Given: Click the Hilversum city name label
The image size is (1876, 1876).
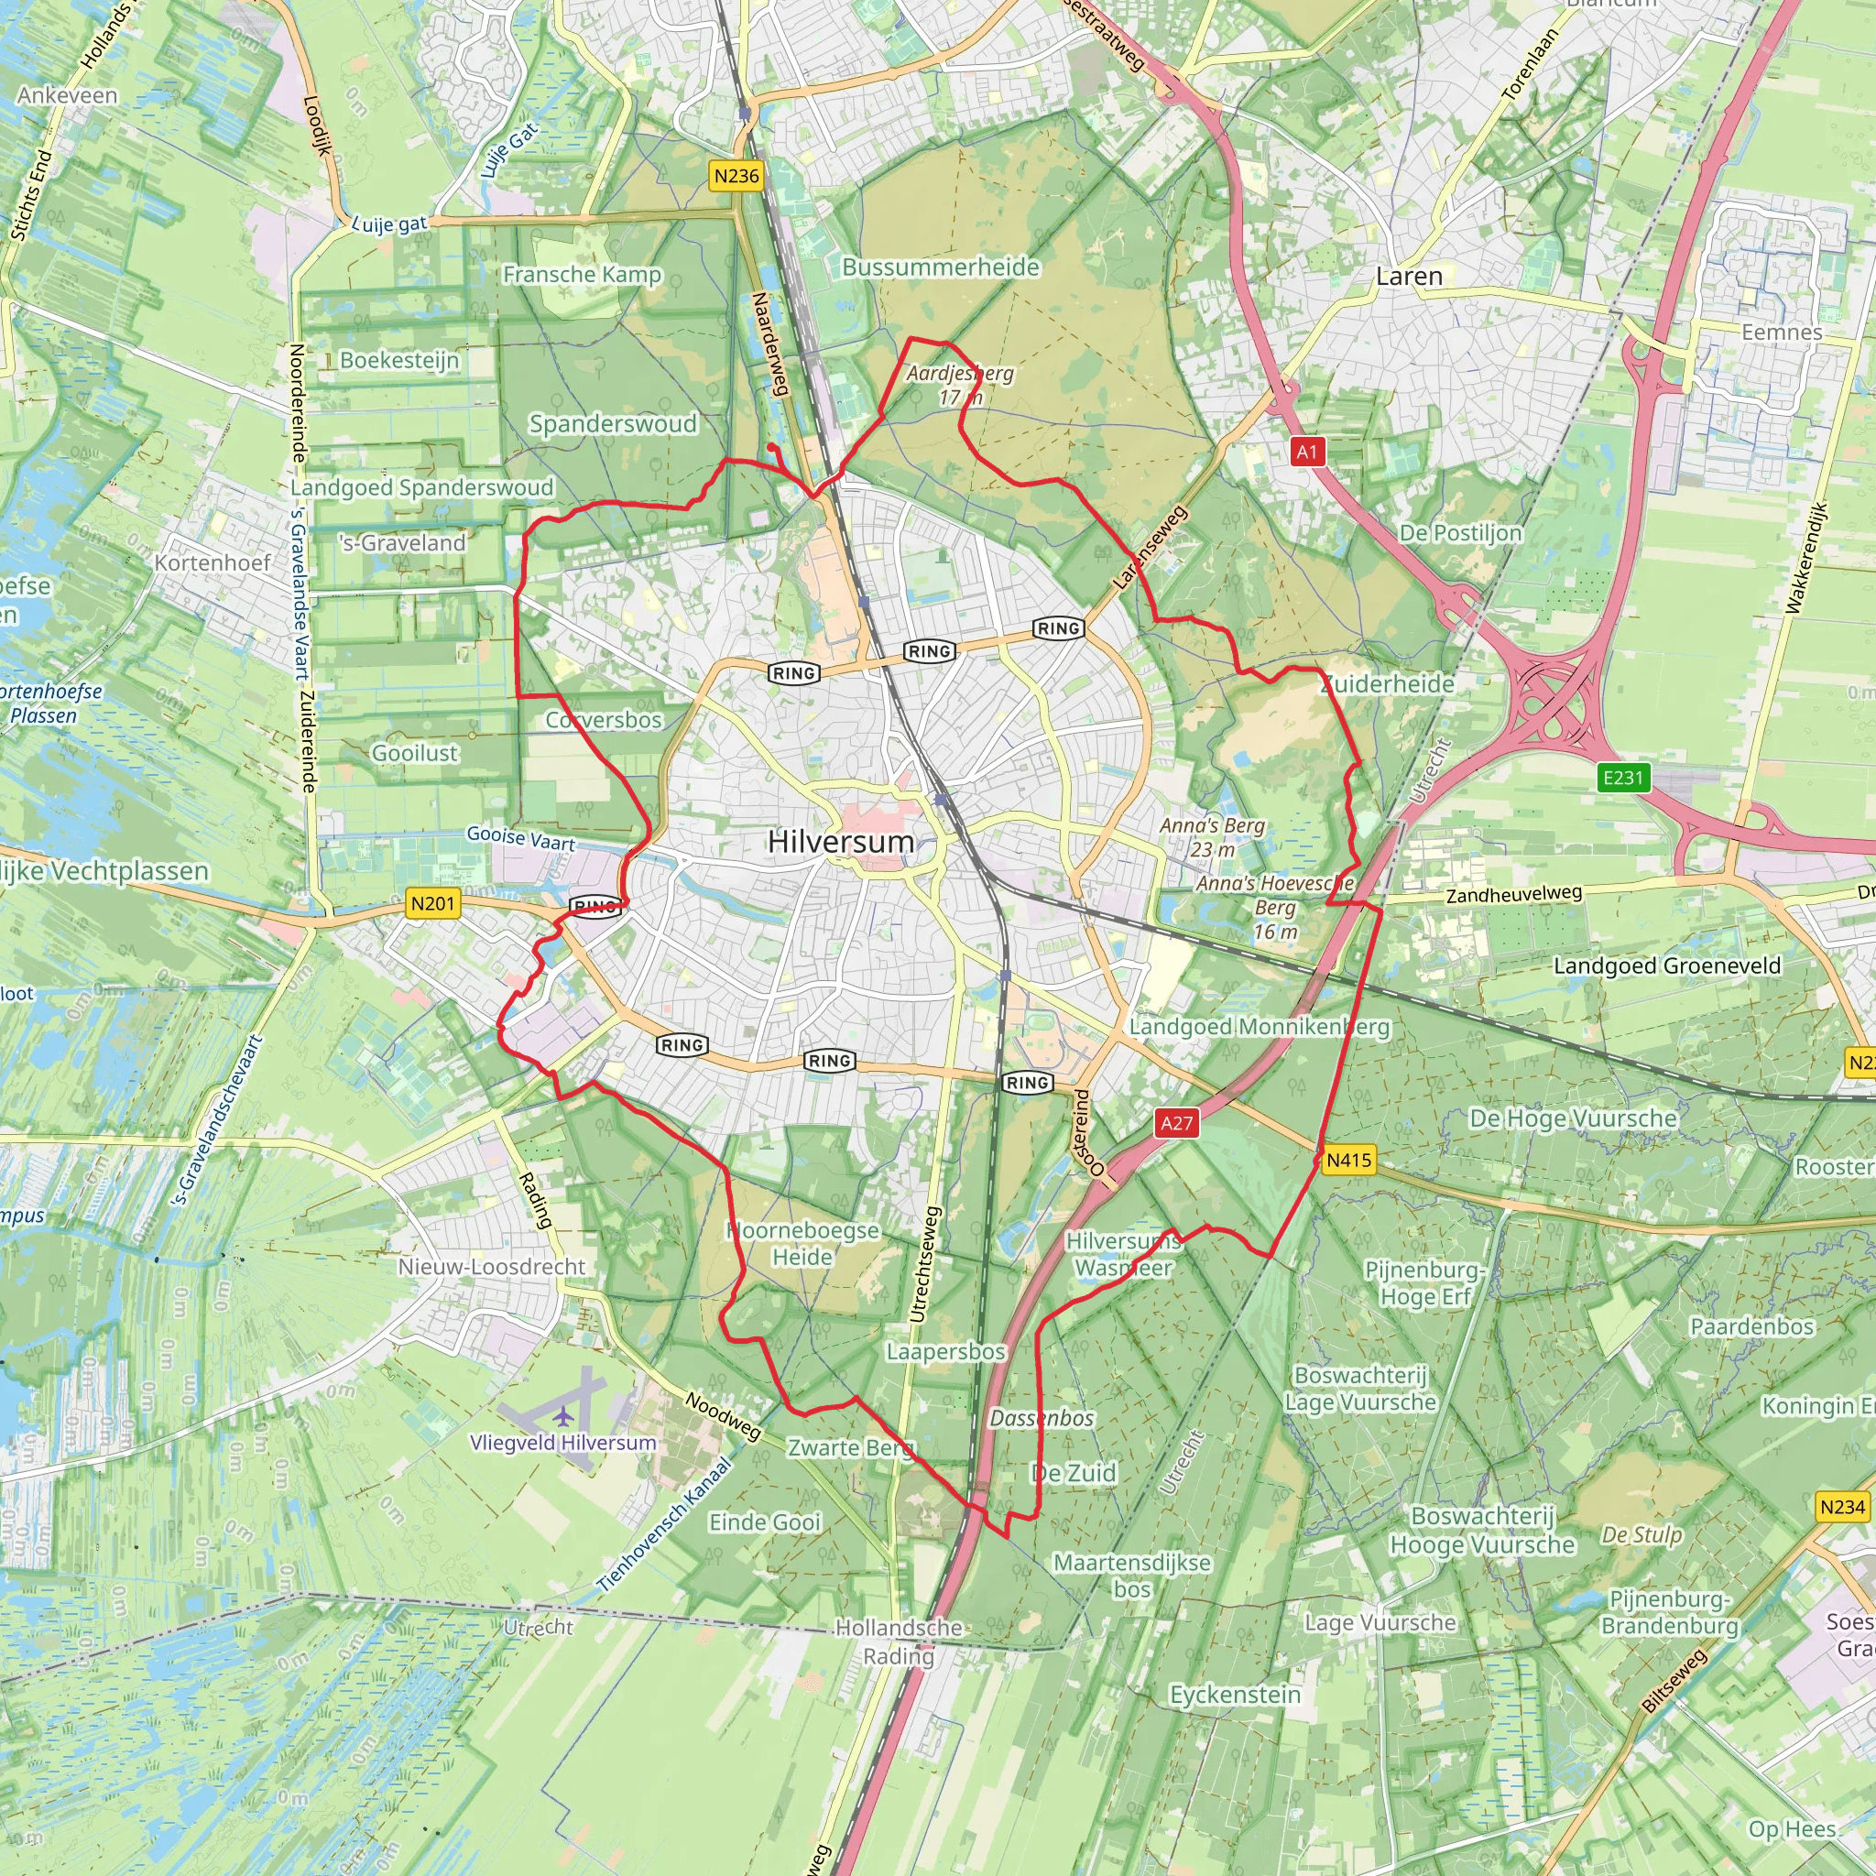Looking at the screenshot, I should pyautogui.click(x=841, y=842).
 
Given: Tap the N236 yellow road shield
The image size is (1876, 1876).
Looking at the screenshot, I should pyautogui.click(x=736, y=176).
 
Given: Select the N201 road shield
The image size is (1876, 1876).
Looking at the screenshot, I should pyautogui.click(x=433, y=904).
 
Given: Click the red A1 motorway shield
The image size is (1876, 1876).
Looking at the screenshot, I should pyautogui.click(x=1307, y=452).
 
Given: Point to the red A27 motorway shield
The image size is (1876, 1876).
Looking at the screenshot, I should pyautogui.click(x=1177, y=1123).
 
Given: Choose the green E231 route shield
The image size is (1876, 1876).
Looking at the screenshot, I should pyautogui.click(x=1623, y=778).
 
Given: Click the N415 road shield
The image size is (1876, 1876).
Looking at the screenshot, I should pyautogui.click(x=1348, y=1160).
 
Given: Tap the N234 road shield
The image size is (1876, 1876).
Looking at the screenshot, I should pyautogui.click(x=1842, y=1507).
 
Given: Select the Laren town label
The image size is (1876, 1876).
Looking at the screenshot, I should pyautogui.click(x=1409, y=277).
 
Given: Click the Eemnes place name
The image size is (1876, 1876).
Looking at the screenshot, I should pyautogui.click(x=1782, y=333).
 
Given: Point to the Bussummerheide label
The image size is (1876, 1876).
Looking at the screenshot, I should pyautogui.click(x=940, y=267).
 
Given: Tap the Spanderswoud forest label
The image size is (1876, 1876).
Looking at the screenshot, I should pyautogui.click(x=613, y=423).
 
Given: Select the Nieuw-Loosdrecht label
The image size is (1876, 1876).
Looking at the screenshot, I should pyautogui.click(x=491, y=1266).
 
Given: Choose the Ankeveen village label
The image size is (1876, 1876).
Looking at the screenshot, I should pyautogui.click(x=67, y=95).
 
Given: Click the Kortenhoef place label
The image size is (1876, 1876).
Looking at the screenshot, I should pyautogui.click(x=213, y=563).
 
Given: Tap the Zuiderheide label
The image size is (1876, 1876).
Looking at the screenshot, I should pyautogui.click(x=1388, y=683).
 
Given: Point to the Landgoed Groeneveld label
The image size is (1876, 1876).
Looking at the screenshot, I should pyautogui.click(x=1667, y=965).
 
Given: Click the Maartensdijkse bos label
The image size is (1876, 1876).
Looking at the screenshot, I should pyautogui.click(x=1132, y=1576).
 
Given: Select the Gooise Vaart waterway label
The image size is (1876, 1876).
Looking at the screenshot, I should pyautogui.click(x=520, y=838).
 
